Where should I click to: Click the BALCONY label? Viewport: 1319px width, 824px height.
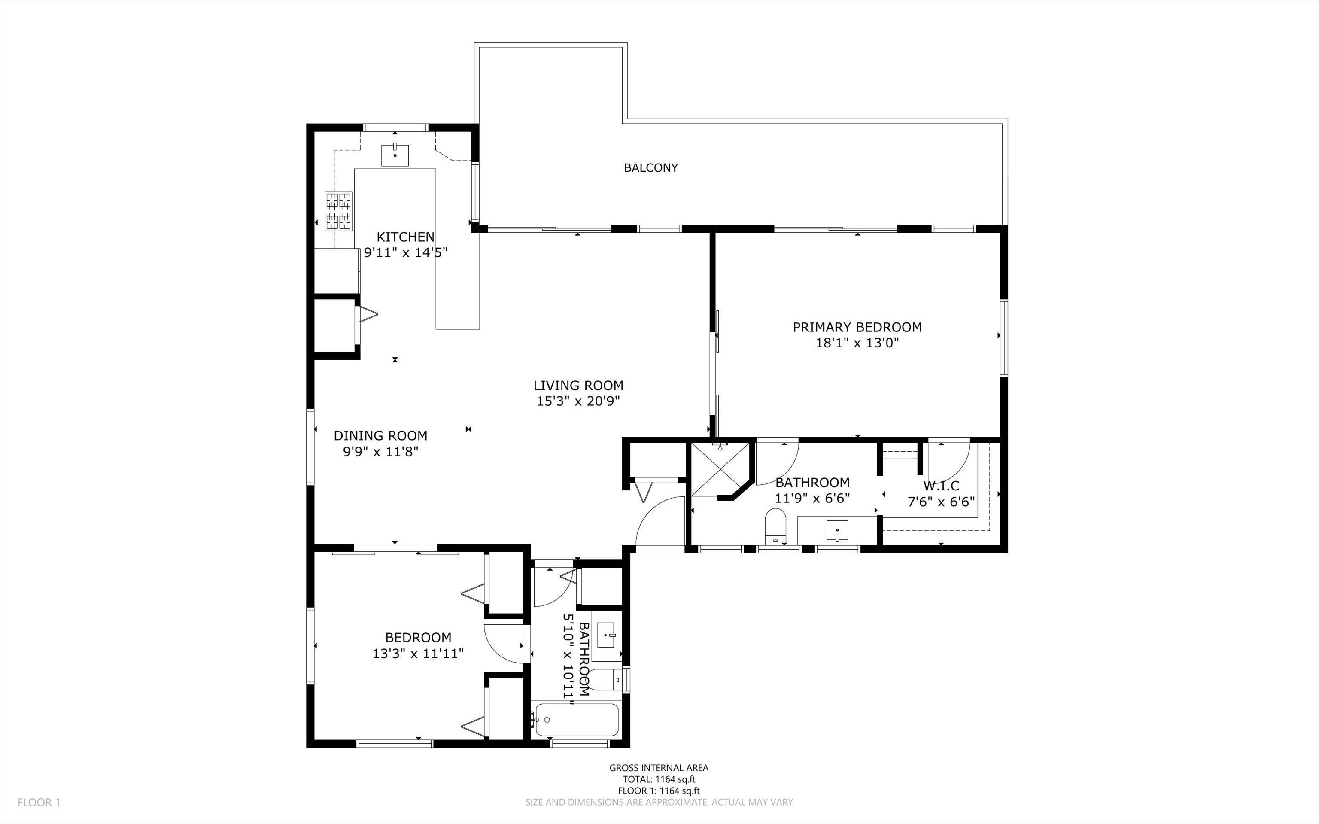coord(650,168)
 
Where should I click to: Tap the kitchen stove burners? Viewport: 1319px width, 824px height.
coord(338,211)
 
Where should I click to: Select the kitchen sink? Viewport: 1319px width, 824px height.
coord(395,154)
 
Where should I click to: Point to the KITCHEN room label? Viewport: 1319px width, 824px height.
coord(405,237)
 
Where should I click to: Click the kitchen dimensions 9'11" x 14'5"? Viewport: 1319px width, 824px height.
coord(405,252)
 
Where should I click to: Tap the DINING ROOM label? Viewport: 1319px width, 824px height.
coord(380,436)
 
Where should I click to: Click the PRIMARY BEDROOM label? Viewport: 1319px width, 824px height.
coord(857,328)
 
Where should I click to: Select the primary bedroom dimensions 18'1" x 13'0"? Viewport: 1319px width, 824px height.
coord(857,343)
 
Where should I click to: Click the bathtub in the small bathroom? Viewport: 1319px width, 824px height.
coord(576,720)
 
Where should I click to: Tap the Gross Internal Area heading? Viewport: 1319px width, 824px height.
coord(659,768)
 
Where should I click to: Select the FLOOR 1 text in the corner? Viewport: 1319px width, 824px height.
coord(39,802)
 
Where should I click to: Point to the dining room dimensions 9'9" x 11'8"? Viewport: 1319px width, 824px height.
coord(380,451)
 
